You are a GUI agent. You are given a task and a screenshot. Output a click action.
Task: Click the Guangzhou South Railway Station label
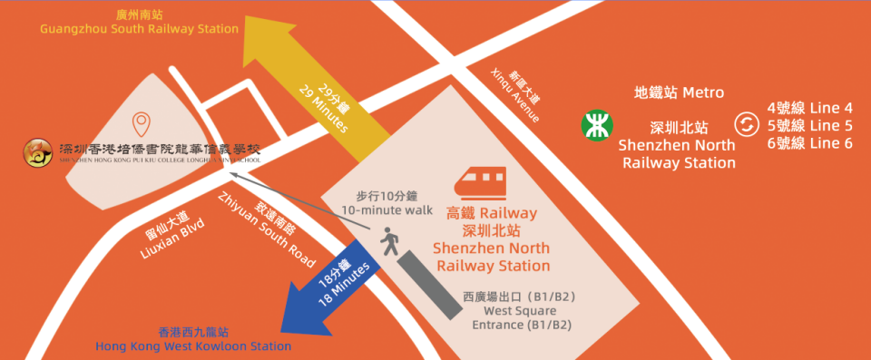pyautogui.click(x=139, y=23)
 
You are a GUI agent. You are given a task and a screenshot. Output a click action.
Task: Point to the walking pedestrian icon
pyautogui.click(x=390, y=243)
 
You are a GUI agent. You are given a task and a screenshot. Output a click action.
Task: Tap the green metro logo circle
pyautogui.click(x=595, y=125)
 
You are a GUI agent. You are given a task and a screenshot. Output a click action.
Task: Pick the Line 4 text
pyautogui.click(x=809, y=108)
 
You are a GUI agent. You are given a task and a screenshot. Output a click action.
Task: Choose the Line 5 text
pyautogui.click(x=809, y=126)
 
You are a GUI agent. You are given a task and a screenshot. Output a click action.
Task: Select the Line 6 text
pyautogui.click(x=809, y=143)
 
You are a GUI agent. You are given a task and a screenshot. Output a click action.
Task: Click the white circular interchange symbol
pyautogui.click(x=746, y=125)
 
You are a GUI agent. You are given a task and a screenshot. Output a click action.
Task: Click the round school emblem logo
pyautogui.click(x=37, y=153)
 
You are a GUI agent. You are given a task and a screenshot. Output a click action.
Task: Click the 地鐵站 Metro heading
pyautogui.click(x=679, y=92)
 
